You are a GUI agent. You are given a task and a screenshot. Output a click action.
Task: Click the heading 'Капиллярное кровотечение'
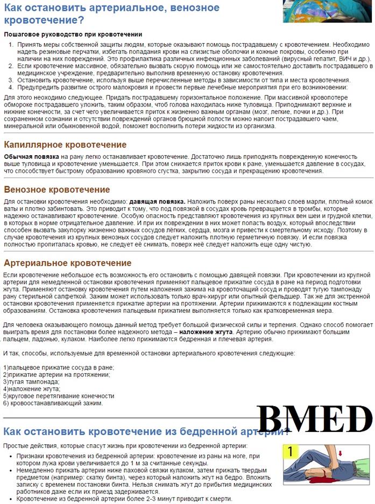(65, 145)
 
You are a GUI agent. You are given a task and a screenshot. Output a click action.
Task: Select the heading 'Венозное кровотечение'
(57, 190)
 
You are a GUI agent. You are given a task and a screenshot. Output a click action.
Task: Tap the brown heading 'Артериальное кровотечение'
(68, 263)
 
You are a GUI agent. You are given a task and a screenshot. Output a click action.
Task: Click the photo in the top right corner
(329, 11)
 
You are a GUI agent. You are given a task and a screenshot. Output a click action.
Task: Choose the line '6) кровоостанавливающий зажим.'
(53, 403)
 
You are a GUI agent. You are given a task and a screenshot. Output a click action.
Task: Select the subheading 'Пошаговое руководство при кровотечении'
(73, 34)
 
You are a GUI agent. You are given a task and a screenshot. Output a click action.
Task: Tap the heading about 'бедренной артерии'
(145, 431)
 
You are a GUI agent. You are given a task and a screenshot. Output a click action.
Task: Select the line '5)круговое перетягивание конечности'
(59, 396)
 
